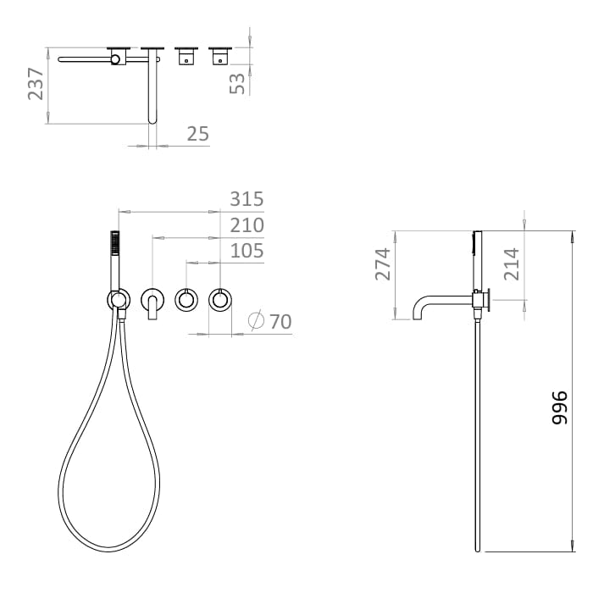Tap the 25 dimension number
[x=197, y=134]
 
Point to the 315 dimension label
[x=247, y=199]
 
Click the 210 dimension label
[x=247, y=225]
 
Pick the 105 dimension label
[x=247, y=251]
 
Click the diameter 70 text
[x=280, y=321]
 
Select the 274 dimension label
[x=384, y=263]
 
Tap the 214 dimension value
[x=512, y=263]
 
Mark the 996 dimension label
[x=558, y=408]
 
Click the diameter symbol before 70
[x=257, y=321]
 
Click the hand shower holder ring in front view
[x=118, y=299]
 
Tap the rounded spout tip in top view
[x=153, y=119]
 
